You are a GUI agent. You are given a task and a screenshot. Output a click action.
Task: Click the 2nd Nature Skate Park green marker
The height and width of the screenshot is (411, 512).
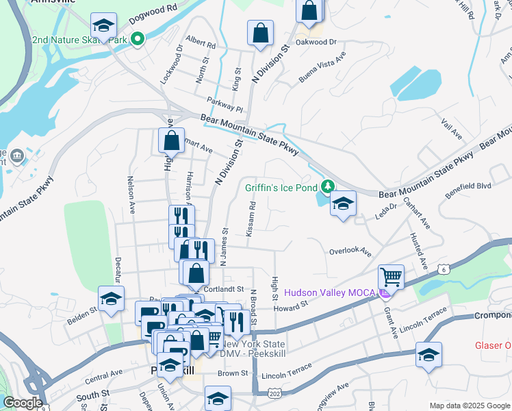click(137, 39)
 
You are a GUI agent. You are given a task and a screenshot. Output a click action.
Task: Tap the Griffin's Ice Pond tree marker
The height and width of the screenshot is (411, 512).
click(329, 186)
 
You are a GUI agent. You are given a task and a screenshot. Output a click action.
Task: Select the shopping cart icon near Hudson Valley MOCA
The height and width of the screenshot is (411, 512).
click(391, 277)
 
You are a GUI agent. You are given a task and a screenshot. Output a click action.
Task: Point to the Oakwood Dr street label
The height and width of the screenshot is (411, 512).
click(319, 42)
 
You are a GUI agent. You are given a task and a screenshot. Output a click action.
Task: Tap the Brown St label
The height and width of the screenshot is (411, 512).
click(233, 373)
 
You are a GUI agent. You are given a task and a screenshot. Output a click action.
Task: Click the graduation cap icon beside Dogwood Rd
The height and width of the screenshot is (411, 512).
click(104, 27)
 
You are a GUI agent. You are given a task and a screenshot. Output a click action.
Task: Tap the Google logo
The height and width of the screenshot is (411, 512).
click(23, 403)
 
